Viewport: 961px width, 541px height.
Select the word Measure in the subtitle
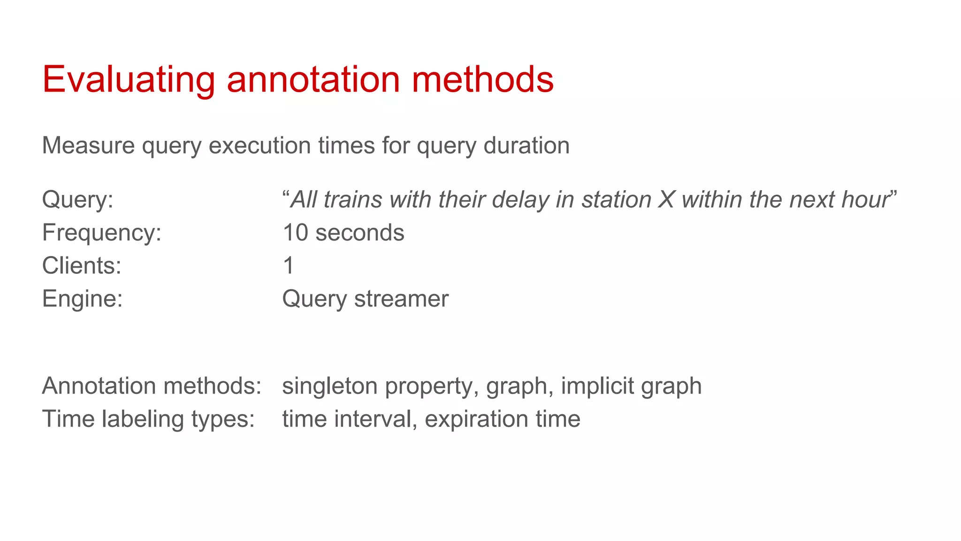[89, 145]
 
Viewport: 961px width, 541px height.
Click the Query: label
[78, 200]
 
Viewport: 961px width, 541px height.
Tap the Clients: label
[82, 265]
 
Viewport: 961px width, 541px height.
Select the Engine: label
[83, 299]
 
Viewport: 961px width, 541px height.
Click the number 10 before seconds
[295, 232]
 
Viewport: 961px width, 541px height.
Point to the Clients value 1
[289, 265]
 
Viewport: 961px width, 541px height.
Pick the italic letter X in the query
[666, 200]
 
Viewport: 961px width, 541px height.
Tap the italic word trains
[352, 200]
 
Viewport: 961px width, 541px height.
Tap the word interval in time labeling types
[373, 419]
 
